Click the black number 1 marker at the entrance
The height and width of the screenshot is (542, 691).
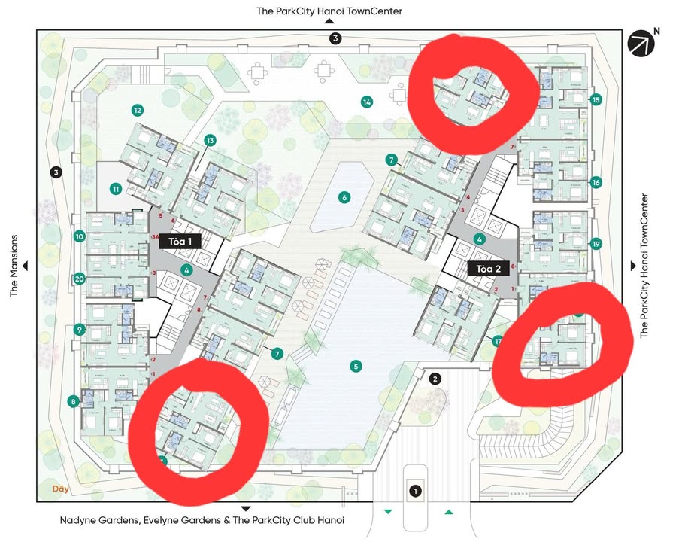pyautogui.click(x=414, y=492)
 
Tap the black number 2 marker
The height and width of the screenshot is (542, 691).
pyautogui.click(x=435, y=379)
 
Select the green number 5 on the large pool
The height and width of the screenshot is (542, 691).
pyautogui.click(x=356, y=367)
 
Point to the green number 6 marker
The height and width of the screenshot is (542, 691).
pyautogui.click(x=344, y=198)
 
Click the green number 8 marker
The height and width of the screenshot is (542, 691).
pyautogui.click(x=74, y=401)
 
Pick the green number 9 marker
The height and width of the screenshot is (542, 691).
pyautogui.click(x=79, y=329)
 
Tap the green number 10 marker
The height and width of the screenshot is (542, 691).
pyautogui.click(x=79, y=236)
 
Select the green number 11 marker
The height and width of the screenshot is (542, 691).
pyautogui.click(x=116, y=189)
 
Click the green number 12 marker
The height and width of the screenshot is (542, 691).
pyautogui.click(x=137, y=110)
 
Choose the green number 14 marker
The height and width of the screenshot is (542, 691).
pyautogui.click(x=367, y=102)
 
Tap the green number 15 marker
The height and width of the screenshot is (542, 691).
pyautogui.click(x=596, y=99)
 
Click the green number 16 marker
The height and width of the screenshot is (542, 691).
pyautogui.click(x=596, y=182)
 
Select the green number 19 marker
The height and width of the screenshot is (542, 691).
pyautogui.click(x=596, y=244)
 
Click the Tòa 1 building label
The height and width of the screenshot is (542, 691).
pyautogui.click(x=180, y=242)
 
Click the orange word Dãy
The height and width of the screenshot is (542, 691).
pyautogui.click(x=61, y=489)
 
